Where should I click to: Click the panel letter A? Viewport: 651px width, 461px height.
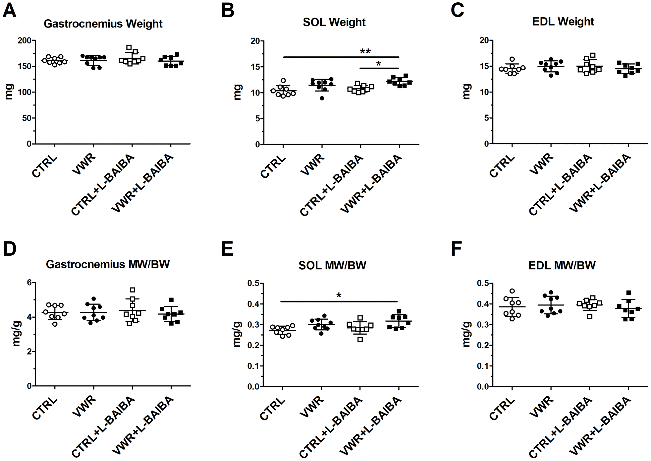click(9, 10)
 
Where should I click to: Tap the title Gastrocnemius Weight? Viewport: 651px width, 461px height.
click(103, 24)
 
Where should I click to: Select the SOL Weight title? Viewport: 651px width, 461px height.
click(334, 22)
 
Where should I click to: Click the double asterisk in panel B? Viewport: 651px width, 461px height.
click(365, 51)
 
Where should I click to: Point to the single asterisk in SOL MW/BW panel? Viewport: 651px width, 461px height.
click(339, 295)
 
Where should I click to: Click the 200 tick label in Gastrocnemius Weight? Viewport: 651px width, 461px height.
click(25, 40)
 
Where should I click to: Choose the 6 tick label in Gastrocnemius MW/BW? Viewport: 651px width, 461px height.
click(29, 283)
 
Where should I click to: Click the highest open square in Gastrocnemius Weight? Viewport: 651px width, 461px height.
click(129, 47)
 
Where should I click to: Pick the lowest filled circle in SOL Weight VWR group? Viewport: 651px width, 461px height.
click(322, 98)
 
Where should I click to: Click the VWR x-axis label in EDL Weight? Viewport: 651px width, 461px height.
click(541, 164)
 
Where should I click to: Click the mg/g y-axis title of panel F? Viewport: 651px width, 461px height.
click(466, 334)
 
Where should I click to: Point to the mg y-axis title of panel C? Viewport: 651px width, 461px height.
click(466, 92)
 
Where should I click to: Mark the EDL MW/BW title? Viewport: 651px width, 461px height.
click(562, 265)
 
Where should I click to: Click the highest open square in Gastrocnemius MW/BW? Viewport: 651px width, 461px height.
click(133, 290)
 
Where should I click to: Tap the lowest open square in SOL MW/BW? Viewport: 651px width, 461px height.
click(360, 339)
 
